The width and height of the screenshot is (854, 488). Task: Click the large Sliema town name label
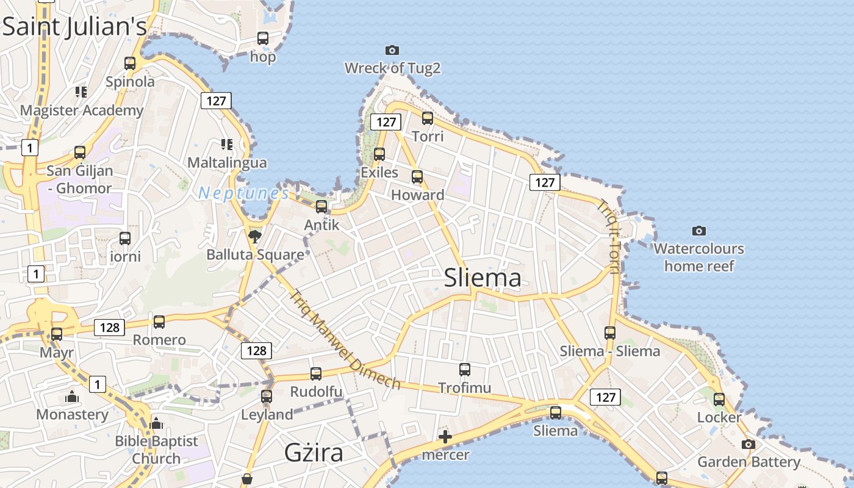click(x=483, y=278)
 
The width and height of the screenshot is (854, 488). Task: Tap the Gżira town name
click(x=314, y=453)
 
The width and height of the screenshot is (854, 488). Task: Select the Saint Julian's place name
click(x=74, y=27)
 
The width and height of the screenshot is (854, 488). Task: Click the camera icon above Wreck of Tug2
click(x=392, y=50)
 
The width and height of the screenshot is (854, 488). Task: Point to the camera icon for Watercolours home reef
click(x=699, y=231)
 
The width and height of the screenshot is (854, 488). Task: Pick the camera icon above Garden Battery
click(x=748, y=444)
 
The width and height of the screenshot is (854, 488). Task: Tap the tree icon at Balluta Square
click(x=255, y=236)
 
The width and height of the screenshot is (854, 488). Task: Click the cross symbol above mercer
click(x=445, y=436)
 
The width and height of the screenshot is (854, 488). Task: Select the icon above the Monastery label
click(x=72, y=397)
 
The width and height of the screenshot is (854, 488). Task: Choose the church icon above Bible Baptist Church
click(x=156, y=423)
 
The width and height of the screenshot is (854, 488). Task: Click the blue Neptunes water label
click(x=243, y=193)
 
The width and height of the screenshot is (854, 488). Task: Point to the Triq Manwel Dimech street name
click(x=345, y=339)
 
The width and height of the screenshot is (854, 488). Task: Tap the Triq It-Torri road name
click(x=611, y=238)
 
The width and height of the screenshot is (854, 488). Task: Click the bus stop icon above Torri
click(x=428, y=118)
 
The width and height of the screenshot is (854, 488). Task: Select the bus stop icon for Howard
click(x=417, y=177)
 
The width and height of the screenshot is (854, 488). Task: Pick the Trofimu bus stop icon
click(x=465, y=369)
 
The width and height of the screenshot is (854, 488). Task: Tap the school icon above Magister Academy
click(x=81, y=92)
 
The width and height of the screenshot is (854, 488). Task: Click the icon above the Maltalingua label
click(x=227, y=145)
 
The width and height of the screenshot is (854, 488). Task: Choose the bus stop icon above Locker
click(x=719, y=400)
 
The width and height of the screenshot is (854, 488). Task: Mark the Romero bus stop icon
click(x=159, y=321)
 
